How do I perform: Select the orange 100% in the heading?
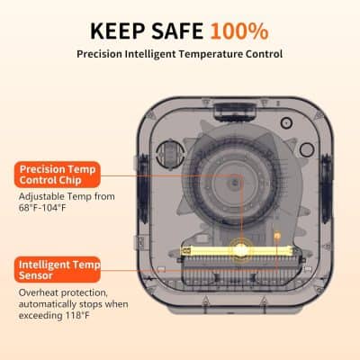(x=239, y=31)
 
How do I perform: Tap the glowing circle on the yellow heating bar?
(x=240, y=245)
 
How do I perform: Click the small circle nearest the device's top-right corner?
(x=284, y=118)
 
